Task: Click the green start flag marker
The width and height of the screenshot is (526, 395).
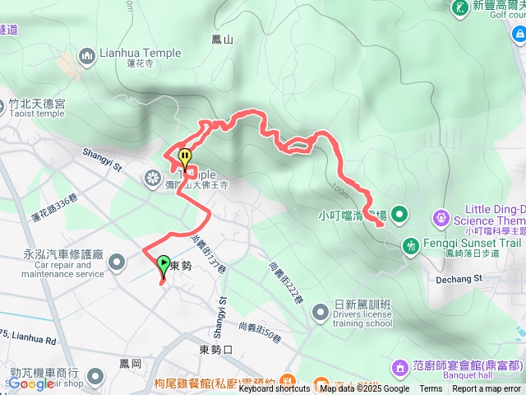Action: (x=164, y=267)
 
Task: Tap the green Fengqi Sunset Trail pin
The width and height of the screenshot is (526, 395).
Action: (x=410, y=244)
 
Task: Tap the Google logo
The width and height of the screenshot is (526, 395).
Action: (x=30, y=383)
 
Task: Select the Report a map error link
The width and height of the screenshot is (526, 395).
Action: (x=487, y=389)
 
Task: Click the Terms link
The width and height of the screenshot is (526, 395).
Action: (x=431, y=389)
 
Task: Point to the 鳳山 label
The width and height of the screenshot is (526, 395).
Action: (x=222, y=39)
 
